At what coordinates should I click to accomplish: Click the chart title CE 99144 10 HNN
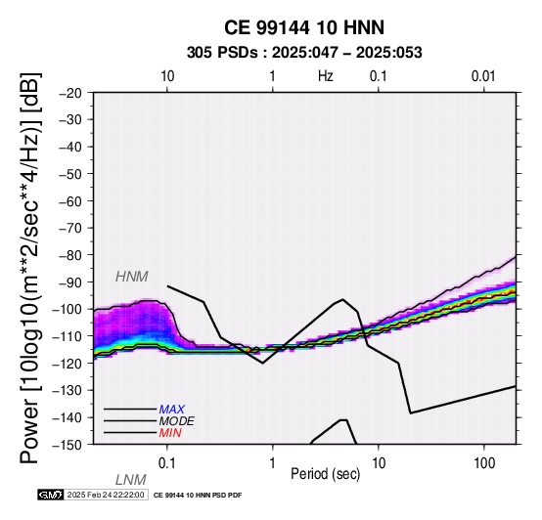pyautogui.click(x=304, y=27)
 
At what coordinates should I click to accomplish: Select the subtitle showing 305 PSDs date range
pyautogui.click(x=304, y=53)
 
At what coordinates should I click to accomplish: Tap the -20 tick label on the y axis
pyautogui.click(x=70, y=93)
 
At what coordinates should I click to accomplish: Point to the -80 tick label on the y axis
pyautogui.click(x=70, y=255)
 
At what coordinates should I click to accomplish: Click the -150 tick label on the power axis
pyautogui.click(x=68, y=445)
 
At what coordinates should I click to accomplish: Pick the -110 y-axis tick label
pyautogui.click(x=68, y=336)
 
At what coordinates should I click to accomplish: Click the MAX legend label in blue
pyautogui.click(x=172, y=410)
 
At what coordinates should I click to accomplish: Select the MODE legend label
pyautogui.click(x=177, y=421)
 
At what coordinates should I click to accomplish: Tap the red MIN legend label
pyautogui.click(x=170, y=433)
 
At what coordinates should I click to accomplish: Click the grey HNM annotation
pyautogui.click(x=132, y=277)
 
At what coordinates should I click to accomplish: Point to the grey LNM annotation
pyautogui.click(x=131, y=480)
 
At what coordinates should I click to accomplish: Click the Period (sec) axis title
pyautogui.click(x=325, y=474)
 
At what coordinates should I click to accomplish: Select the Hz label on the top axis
pyautogui.click(x=326, y=76)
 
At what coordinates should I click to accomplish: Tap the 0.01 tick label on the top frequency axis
pyautogui.click(x=483, y=76)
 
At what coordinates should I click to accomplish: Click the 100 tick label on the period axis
pyautogui.click(x=484, y=463)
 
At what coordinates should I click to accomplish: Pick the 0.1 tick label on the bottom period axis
pyautogui.click(x=167, y=463)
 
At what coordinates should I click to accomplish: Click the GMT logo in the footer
pyautogui.click(x=51, y=495)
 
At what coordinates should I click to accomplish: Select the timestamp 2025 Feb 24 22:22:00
pyautogui.click(x=106, y=495)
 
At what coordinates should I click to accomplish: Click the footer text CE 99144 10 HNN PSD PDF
pyautogui.click(x=198, y=496)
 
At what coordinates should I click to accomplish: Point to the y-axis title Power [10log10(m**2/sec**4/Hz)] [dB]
pyautogui.click(x=30, y=268)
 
